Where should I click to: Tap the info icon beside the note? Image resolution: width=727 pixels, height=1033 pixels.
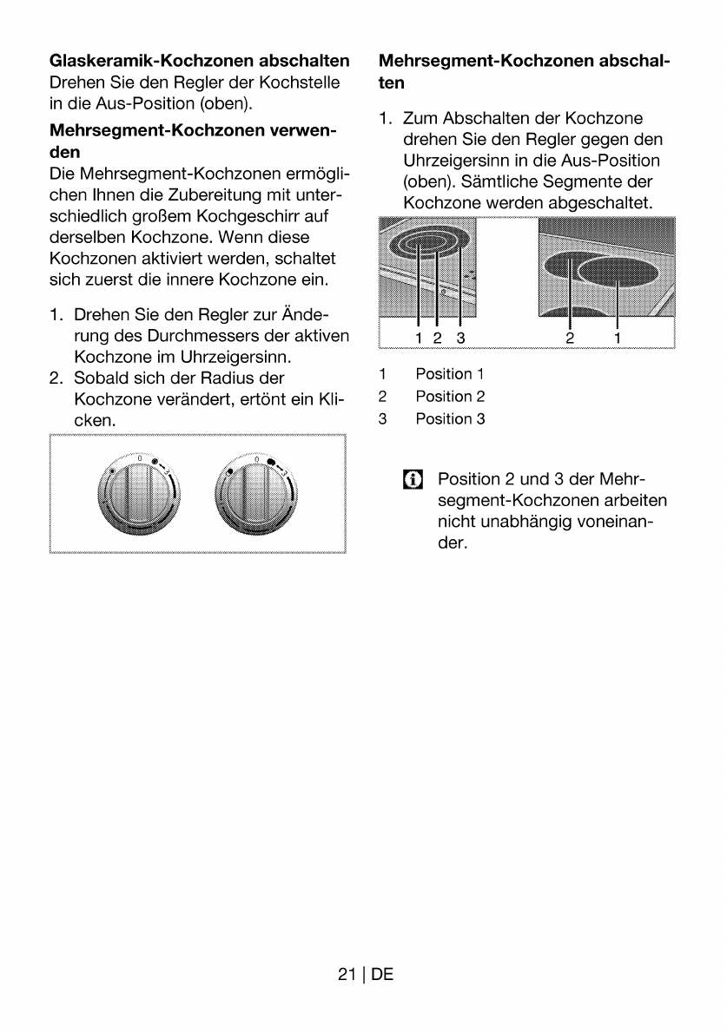413,479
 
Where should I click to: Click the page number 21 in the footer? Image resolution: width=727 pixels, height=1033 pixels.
347,974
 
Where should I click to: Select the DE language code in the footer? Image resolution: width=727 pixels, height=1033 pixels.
382,974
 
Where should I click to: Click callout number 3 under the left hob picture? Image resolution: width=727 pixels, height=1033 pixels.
460,338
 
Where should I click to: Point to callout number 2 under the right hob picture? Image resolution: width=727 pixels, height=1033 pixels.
570,338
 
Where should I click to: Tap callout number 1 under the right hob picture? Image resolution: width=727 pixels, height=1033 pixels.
618,338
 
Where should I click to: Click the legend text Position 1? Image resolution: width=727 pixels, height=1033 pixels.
450,374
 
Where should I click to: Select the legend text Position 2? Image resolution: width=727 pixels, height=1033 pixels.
450,397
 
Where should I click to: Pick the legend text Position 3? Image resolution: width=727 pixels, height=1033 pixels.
450,419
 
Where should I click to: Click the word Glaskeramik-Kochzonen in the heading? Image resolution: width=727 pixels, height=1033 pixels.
152,61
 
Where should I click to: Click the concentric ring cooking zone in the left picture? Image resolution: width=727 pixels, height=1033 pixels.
429,246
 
